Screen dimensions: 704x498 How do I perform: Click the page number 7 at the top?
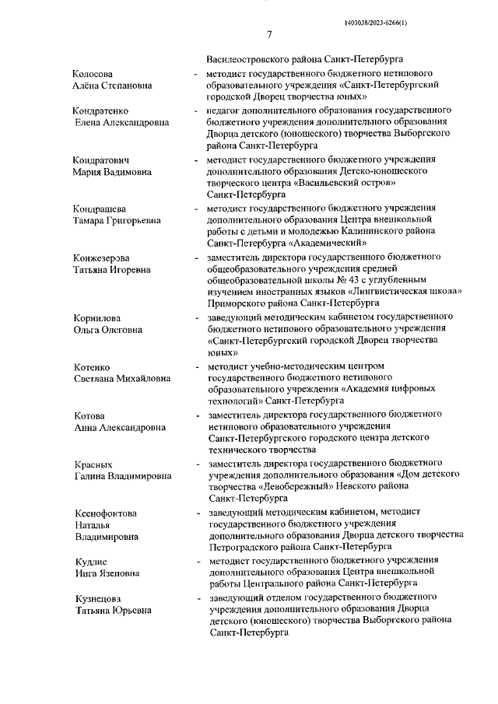[268, 34]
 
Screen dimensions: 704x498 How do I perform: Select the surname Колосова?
[93, 72]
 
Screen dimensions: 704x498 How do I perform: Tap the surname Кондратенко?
[100, 110]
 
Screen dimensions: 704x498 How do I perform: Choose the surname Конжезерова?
[102, 257]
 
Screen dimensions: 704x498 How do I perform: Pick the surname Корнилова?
[95, 317]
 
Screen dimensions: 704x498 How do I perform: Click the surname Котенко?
[89, 366]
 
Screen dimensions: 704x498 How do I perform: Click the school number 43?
[338, 279]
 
